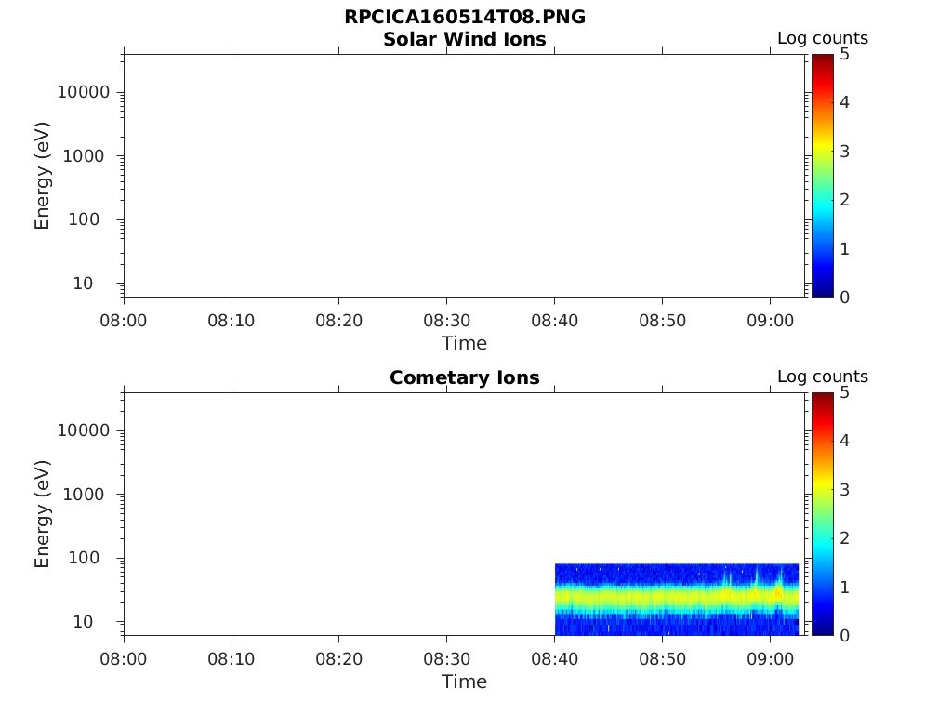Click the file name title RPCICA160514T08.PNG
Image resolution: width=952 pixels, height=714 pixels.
[x=464, y=18]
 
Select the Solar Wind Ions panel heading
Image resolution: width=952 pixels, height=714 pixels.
[x=464, y=39]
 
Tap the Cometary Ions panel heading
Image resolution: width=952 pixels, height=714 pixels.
[x=464, y=377]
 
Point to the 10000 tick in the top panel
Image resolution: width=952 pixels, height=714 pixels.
[x=84, y=92]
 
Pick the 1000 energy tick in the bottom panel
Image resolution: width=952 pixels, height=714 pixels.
[x=87, y=495]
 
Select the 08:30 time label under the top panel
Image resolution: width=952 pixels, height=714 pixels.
[x=446, y=321]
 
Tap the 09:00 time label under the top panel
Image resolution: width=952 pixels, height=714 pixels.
[x=770, y=321]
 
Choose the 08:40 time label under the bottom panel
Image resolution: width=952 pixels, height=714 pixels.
[x=554, y=659]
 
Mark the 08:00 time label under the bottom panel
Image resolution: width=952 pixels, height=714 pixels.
[x=124, y=659]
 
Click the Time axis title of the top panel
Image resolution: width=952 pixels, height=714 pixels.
[x=464, y=343]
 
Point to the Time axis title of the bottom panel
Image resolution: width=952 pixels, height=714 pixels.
[x=464, y=681]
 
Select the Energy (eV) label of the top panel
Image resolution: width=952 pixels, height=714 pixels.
[x=42, y=176]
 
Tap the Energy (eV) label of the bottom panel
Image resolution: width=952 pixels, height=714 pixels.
[x=42, y=514]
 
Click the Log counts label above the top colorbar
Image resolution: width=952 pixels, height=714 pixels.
[x=822, y=38]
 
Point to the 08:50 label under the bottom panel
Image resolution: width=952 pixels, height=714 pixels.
[x=662, y=659]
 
